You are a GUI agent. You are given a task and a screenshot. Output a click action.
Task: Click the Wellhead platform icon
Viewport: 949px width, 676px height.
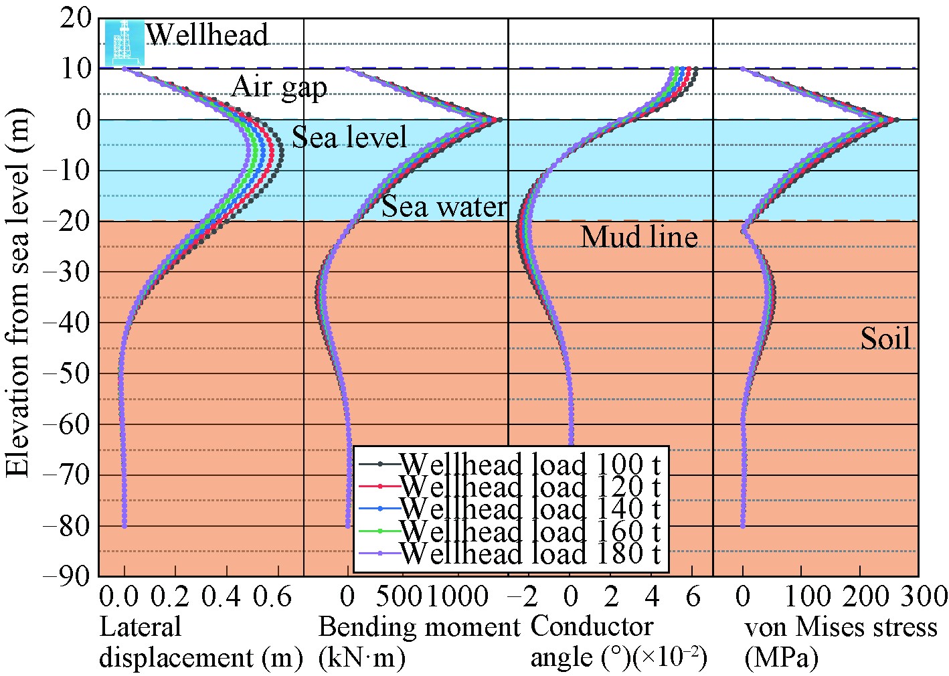[124, 42]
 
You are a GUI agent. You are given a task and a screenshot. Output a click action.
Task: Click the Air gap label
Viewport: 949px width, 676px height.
[279, 87]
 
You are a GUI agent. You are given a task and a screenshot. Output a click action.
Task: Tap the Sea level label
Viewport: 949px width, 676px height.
[349, 137]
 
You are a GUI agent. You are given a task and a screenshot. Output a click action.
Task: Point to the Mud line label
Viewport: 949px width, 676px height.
[639, 237]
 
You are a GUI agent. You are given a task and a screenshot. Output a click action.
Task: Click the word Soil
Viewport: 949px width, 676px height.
[885, 339]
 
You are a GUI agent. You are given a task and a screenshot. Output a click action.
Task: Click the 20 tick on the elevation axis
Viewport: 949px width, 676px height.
[75, 18]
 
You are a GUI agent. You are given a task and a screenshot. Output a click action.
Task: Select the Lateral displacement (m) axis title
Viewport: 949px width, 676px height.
[201, 643]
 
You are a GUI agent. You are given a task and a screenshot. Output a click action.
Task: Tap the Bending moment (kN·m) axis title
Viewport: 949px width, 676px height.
[418, 643]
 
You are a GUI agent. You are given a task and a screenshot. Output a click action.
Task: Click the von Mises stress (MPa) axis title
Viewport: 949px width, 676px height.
[841, 643]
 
